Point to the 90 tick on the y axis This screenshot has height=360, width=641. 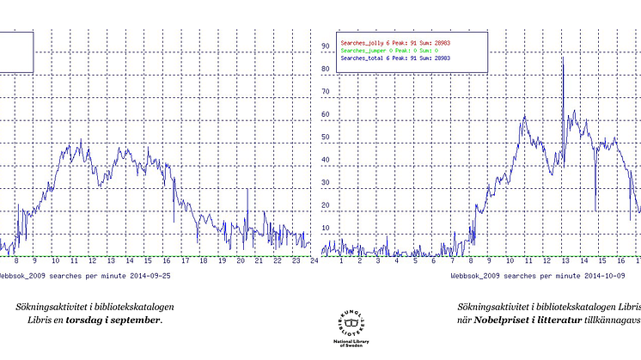tap(326, 46)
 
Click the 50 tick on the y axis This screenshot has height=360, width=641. tap(326, 137)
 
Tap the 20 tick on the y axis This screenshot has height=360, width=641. tap(326, 205)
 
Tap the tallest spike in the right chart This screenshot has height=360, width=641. tap(562, 58)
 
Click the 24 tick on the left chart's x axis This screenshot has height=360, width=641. tap(314, 261)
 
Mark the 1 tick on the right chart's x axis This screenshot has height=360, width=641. tap(341, 261)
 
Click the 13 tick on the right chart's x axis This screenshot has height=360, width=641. tap(562, 261)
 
